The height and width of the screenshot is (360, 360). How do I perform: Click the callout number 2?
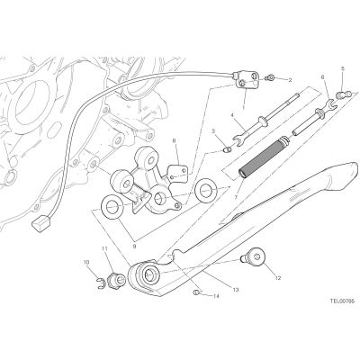point(290,80)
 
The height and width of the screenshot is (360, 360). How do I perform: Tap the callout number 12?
point(278,278)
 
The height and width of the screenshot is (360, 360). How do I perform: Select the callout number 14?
point(216,296)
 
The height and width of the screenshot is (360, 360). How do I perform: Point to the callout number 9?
point(134,247)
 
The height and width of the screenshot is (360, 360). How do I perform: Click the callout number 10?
point(86,262)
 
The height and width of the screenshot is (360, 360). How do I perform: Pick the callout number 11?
point(104,248)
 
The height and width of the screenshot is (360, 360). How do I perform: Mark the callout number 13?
point(236,290)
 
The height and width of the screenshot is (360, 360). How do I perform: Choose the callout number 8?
point(174,140)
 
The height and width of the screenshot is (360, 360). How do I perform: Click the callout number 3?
point(213,130)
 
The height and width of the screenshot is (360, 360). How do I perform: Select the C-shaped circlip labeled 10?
point(102,284)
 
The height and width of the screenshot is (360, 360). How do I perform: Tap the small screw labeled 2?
point(271,78)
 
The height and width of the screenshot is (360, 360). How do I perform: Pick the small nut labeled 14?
point(196,292)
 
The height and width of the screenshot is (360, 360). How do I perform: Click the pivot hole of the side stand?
point(148,274)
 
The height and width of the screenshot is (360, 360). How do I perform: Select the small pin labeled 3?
point(228,148)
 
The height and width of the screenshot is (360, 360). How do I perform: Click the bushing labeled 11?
point(116,279)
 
